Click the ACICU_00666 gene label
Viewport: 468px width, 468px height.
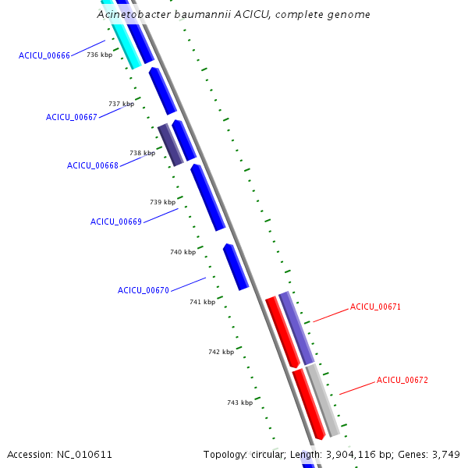[x=44, y=55]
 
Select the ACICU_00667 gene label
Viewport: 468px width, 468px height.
[x=72, y=117]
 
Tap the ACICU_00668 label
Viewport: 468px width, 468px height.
[x=93, y=165]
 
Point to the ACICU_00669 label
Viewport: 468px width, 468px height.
[x=116, y=222]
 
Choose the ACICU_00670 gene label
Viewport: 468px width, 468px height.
[x=144, y=290]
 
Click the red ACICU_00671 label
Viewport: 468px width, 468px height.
[x=375, y=307]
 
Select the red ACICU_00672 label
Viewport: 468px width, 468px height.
[x=402, y=381]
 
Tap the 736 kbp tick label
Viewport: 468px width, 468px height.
[x=99, y=55]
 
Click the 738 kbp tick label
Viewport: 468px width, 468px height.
[x=142, y=153]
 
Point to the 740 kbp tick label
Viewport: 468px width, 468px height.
[x=183, y=252]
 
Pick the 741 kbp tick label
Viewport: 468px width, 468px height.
[x=202, y=302]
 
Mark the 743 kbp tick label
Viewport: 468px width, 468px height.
[x=239, y=402]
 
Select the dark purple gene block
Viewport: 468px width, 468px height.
[x=170, y=145]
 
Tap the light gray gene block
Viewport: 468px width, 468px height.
[x=323, y=400]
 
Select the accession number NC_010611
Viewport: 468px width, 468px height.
[x=84, y=454]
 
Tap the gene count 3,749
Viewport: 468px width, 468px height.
[x=447, y=454]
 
